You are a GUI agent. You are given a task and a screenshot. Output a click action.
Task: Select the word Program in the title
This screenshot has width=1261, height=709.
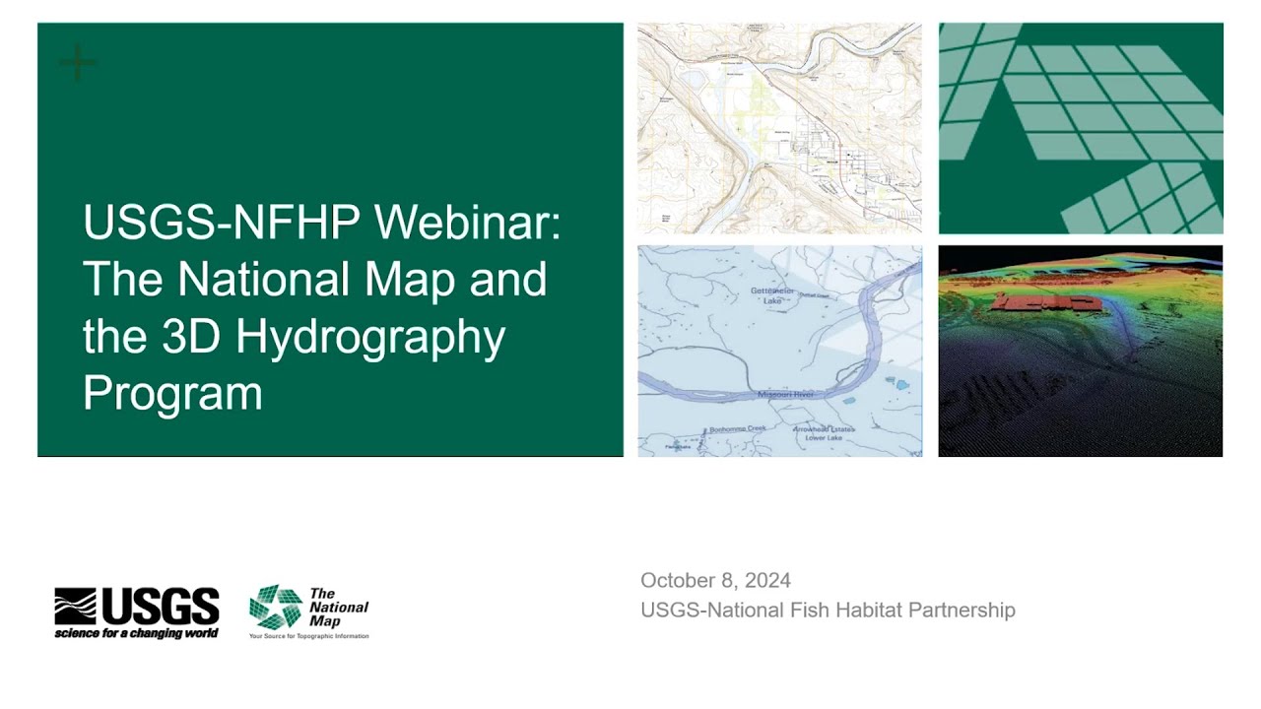click(x=172, y=393)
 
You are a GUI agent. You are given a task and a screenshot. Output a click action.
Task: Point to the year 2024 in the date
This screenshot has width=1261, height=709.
click(x=767, y=580)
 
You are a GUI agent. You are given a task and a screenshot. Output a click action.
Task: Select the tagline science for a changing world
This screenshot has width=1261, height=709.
click(x=136, y=632)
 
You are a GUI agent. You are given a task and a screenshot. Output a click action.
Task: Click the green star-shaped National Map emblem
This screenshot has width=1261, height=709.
click(x=275, y=607)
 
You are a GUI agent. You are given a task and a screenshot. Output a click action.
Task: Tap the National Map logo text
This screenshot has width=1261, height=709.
click(x=338, y=608)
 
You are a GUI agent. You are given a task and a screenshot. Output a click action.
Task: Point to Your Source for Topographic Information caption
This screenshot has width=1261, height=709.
click(x=308, y=636)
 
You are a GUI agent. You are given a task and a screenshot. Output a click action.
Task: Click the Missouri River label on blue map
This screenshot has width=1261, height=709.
click(x=785, y=394)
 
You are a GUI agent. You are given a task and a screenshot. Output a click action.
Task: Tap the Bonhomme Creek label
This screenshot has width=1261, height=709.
click(x=737, y=429)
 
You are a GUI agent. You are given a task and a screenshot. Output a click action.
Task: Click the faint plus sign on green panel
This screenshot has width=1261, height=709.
click(x=78, y=64)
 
